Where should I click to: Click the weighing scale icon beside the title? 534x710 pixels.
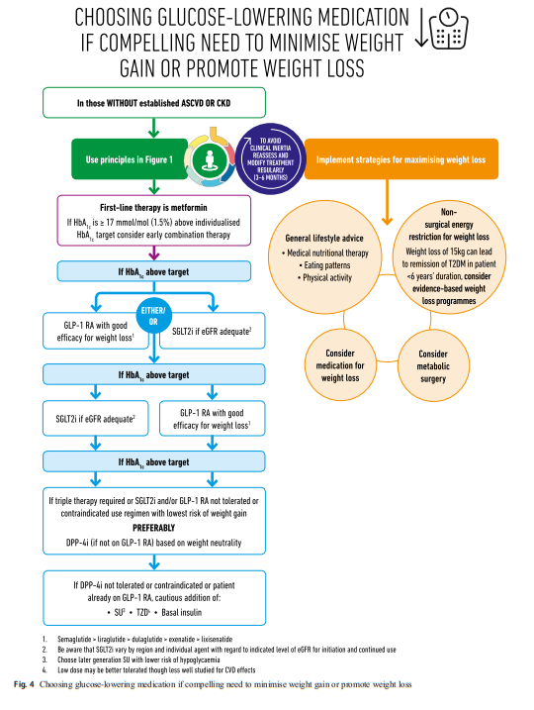click(x=448, y=29)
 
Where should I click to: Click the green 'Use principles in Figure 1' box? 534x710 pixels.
click(x=130, y=159)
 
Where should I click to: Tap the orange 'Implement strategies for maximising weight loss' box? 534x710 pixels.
click(x=401, y=159)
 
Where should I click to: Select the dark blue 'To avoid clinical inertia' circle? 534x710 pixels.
click(x=270, y=159)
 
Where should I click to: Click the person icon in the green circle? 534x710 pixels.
click(x=210, y=159)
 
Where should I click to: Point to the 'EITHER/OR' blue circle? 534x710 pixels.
click(x=153, y=316)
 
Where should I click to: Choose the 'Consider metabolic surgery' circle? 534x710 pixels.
click(x=433, y=366)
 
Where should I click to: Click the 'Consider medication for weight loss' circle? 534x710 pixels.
click(x=340, y=365)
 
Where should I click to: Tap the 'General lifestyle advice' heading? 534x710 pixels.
click(x=324, y=238)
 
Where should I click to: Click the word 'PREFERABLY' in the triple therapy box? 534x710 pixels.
click(x=153, y=528)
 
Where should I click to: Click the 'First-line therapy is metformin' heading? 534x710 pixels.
click(x=153, y=207)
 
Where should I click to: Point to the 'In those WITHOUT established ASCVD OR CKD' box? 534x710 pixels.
click(x=154, y=103)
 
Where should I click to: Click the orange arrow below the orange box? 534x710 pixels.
click(x=387, y=202)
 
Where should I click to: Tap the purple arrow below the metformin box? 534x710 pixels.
click(x=154, y=253)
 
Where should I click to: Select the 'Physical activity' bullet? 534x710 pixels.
click(x=324, y=277)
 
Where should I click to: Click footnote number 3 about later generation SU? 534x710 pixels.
click(x=44, y=659)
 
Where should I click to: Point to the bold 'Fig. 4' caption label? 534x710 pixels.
click(x=24, y=684)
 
